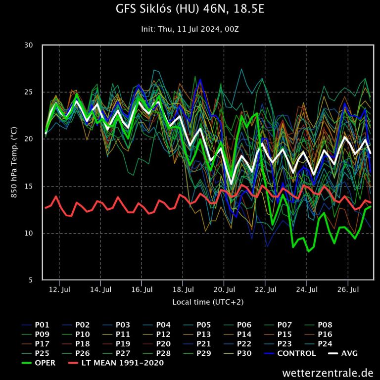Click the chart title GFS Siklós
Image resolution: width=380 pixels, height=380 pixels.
coord(190,9)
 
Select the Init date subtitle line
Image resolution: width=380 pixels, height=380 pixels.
coord(190,29)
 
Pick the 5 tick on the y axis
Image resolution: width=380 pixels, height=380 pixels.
coord(30,280)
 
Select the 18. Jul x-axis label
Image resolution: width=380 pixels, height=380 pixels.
coord(183,289)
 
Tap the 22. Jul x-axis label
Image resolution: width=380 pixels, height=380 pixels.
coord(265,289)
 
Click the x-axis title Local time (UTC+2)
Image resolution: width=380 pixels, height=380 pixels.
coord(208,301)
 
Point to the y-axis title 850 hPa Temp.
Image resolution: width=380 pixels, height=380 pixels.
coord(14,162)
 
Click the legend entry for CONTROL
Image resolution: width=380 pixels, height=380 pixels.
coord(296,353)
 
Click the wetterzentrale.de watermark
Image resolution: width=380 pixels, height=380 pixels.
coord(328,372)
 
